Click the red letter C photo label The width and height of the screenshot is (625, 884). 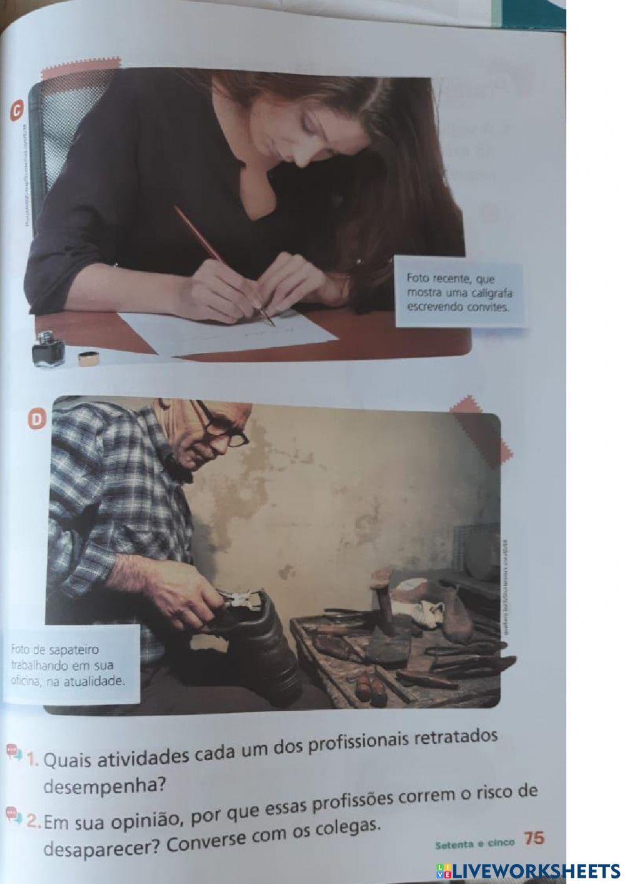click(17, 111)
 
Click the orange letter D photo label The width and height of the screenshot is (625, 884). click(39, 419)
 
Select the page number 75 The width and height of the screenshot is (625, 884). click(534, 838)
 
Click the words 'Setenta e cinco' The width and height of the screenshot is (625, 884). click(474, 843)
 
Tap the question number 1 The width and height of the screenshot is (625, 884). click(32, 760)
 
